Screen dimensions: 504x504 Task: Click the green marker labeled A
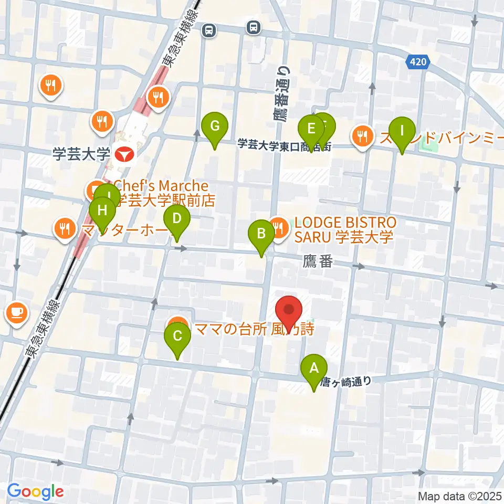point(314,369)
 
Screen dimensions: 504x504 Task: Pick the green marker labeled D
point(177,218)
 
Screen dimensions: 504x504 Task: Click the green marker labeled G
point(215,127)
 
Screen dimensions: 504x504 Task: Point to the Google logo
point(35,491)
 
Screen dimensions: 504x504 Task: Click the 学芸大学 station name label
point(81,154)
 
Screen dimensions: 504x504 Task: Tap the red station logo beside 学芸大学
point(124,154)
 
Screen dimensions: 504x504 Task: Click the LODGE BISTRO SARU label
point(344,229)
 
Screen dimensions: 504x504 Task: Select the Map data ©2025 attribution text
point(460,496)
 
